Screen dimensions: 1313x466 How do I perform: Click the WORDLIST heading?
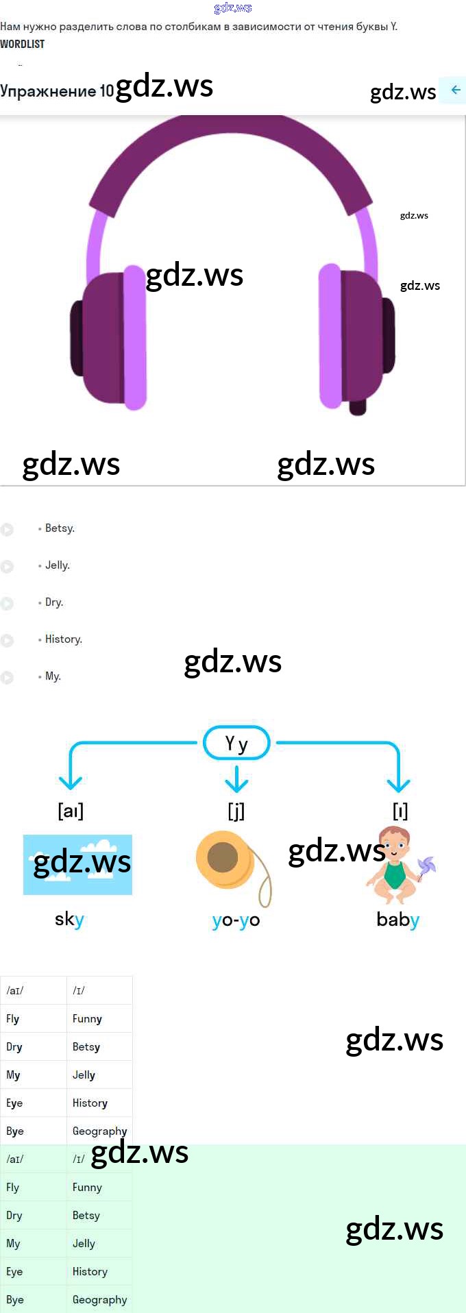coord(23,44)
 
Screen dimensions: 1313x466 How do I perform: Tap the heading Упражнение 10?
coord(57,91)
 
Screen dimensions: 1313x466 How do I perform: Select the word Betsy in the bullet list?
coord(60,528)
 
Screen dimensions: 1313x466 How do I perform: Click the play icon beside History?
coord(7,640)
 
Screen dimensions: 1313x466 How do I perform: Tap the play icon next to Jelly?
coord(7,566)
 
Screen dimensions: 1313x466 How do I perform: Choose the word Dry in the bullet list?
coord(53,602)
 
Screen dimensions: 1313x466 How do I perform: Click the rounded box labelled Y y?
coord(236,743)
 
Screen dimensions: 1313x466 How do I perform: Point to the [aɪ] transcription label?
coord(71,811)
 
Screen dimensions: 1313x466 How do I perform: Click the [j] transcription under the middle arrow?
coord(236,811)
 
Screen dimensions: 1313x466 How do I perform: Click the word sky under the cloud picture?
coord(69,919)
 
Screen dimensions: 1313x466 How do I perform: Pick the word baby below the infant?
coord(397,919)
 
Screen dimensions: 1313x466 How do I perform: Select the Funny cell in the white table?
coord(87,1019)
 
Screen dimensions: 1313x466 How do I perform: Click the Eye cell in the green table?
coord(14,1271)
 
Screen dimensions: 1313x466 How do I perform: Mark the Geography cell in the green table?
coord(99,1299)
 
